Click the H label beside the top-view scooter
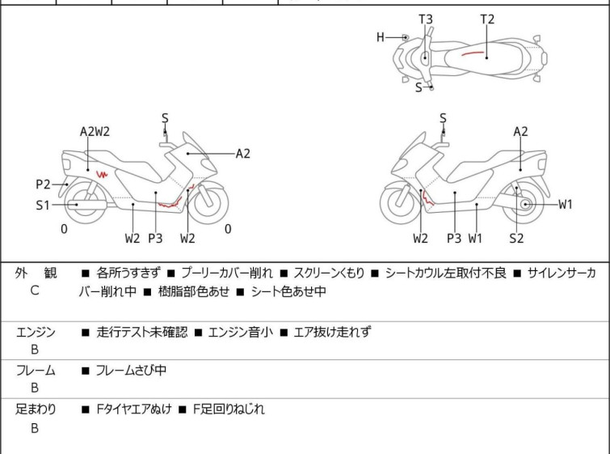381,36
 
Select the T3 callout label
425,19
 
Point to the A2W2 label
95,131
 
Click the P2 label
43,184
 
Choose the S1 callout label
43,206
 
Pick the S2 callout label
516,238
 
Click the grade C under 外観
34,290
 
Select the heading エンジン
36,332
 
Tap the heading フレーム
36,371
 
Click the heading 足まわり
36,409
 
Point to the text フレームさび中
130,371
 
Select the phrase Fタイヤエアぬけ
133,409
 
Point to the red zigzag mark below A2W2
102,174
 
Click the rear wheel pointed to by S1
77,206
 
